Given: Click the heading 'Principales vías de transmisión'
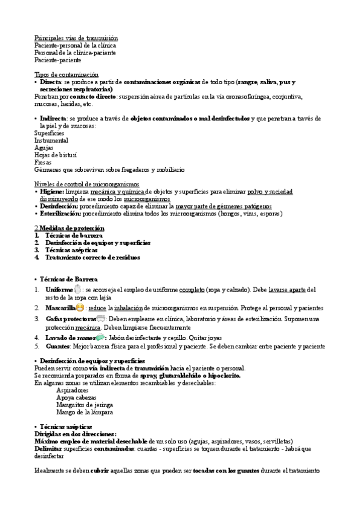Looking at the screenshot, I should (x=76, y=38).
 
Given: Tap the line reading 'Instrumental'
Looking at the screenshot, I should (x=51, y=140).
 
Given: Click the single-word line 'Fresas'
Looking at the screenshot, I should (x=44, y=162).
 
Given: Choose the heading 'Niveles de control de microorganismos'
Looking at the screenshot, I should (x=86, y=184).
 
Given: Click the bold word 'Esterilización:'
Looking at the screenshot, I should (x=60, y=214).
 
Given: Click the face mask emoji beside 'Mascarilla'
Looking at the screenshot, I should (x=80, y=308).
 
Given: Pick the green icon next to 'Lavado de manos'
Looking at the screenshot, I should (x=100, y=337).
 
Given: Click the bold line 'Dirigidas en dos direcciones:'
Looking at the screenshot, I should (x=76, y=434).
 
